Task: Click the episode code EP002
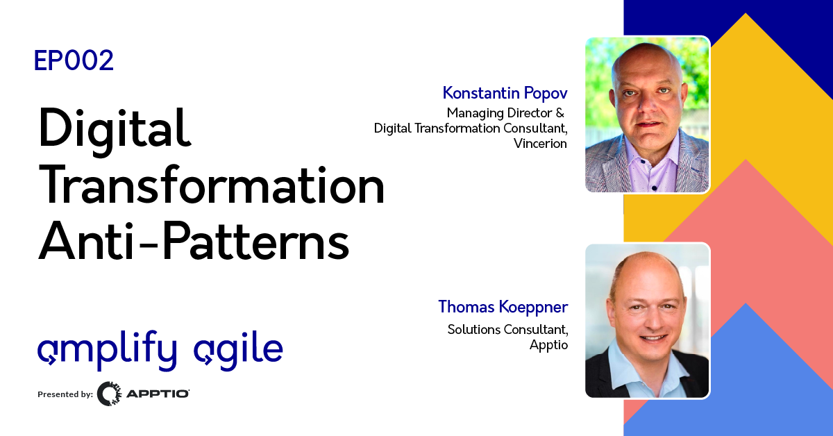coord(74,62)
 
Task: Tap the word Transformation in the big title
coord(212,186)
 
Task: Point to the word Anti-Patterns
coord(194,242)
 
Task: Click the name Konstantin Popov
coord(505,93)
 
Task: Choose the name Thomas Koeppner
coord(503,306)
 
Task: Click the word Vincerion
coord(541,144)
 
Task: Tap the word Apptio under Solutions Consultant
coord(548,344)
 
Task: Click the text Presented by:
coord(65,394)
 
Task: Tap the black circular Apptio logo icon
coord(109,394)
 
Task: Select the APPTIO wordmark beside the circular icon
coord(158,394)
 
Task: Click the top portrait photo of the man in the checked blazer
coord(647,115)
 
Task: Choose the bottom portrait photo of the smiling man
coord(647,320)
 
